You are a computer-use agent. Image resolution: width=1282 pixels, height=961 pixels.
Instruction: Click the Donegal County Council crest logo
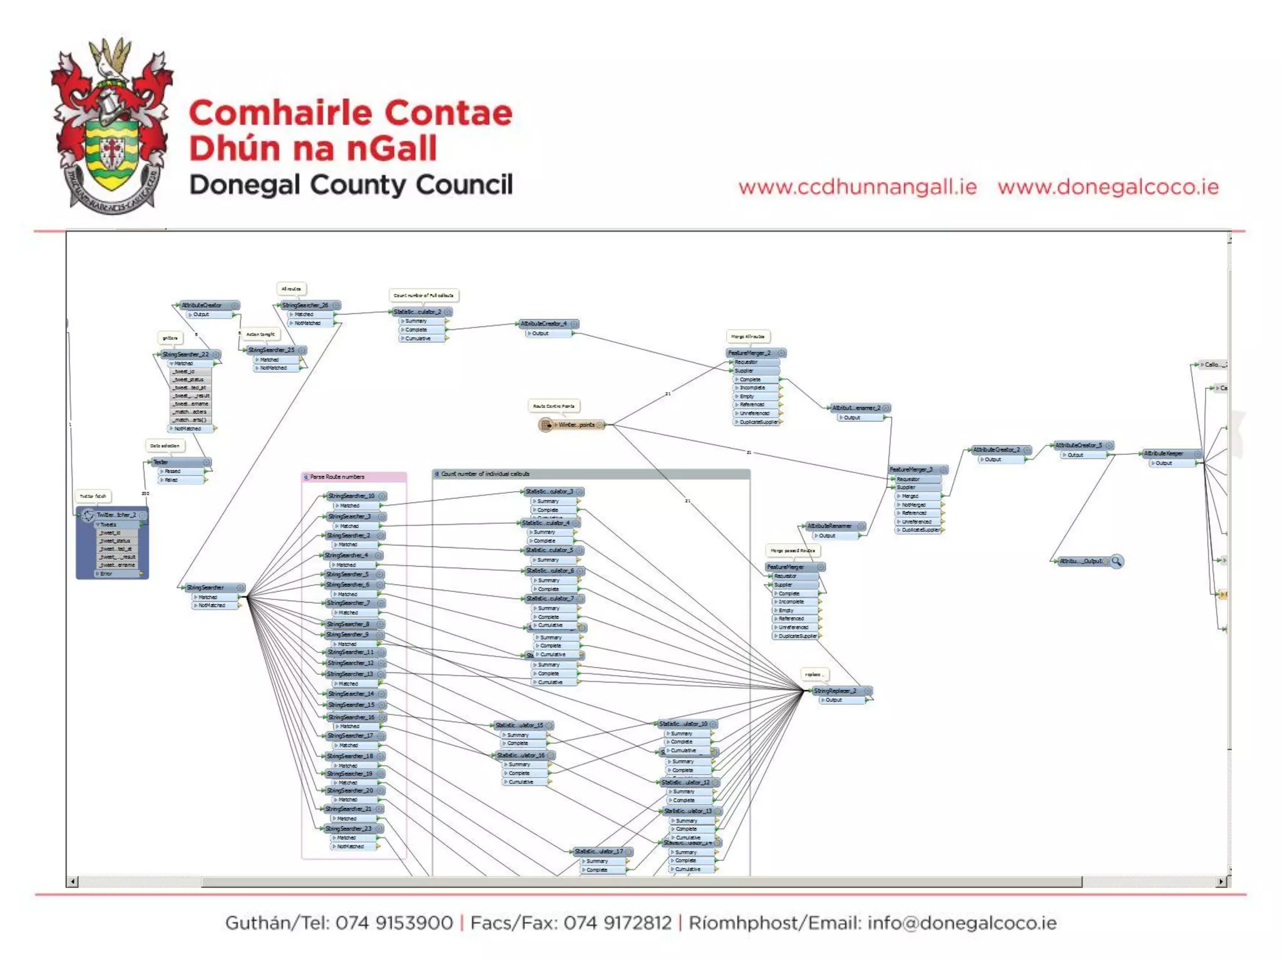(111, 125)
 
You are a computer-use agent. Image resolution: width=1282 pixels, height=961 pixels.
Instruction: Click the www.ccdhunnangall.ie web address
(857, 187)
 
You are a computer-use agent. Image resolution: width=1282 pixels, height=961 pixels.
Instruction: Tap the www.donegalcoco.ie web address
(1108, 187)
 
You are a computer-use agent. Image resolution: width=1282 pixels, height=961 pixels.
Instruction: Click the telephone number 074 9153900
(394, 923)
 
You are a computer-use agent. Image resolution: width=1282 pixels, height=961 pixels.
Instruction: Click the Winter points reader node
(573, 425)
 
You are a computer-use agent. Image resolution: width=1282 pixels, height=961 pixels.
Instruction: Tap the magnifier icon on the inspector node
(1116, 561)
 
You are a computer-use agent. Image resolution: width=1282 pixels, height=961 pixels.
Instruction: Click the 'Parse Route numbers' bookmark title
(337, 477)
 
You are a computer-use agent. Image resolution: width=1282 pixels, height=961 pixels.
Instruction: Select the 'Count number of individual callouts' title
(485, 474)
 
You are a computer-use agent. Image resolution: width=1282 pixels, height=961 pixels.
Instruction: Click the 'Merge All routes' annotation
(747, 337)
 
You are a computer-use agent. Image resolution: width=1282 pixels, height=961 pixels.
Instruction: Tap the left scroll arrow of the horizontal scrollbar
(73, 882)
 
